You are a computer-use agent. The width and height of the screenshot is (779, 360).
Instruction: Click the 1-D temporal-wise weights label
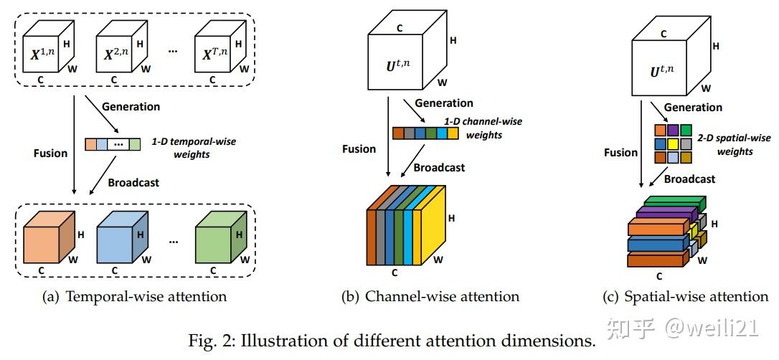point(194,147)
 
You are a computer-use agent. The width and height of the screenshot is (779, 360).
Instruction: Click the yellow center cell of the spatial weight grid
point(674,143)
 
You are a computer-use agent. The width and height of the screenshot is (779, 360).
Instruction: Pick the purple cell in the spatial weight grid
point(674,131)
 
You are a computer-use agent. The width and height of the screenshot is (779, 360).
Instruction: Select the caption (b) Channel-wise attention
point(432,296)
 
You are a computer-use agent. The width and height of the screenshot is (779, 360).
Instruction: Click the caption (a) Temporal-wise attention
point(136,296)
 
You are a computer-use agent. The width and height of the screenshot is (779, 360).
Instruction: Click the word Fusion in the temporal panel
point(50,153)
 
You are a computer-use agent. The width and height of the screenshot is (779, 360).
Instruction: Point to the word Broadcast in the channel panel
point(439,167)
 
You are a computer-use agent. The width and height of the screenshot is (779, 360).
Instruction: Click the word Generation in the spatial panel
point(693,107)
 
